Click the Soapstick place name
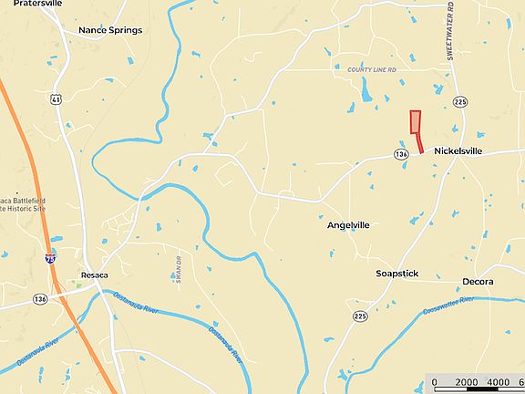pyautogui.click(x=396, y=274)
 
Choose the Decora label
pyautogui.click(x=478, y=282)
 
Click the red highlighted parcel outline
pyautogui.click(x=416, y=128)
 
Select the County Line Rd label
pyautogui.click(x=371, y=69)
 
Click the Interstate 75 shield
pyautogui.click(x=50, y=260)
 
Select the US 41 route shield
pyautogui.click(x=57, y=98)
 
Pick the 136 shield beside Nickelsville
pyautogui.click(x=401, y=155)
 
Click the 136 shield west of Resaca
pyautogui.click(x=40, y=298)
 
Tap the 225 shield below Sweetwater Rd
pyautogui.click(x=460, y=102)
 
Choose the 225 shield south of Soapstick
pyautogui.click(x=360, y=316)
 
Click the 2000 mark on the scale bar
pyautogui.click(x=467, y=382)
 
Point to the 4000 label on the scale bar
pyautogui.click(x=499, y=382)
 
